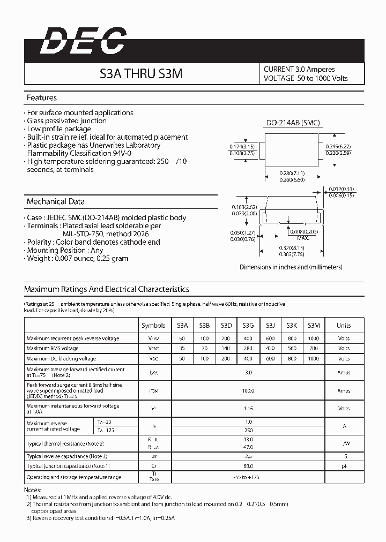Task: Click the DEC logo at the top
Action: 83,41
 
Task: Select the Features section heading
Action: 42,98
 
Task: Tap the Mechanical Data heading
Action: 56,202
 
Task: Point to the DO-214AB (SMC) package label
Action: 293,123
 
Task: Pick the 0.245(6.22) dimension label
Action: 338,146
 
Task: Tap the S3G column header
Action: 248,325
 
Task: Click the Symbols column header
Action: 153,325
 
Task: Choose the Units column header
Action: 344,325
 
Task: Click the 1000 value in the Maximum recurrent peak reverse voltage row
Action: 314,338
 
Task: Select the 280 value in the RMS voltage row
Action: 248,349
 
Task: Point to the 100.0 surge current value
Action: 248,391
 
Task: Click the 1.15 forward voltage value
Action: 248,409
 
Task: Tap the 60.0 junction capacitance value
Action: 248,466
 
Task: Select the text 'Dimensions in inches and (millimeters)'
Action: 291,267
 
